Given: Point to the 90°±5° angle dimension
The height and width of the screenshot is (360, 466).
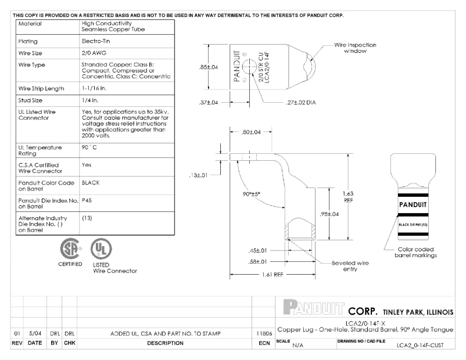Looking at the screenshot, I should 253,193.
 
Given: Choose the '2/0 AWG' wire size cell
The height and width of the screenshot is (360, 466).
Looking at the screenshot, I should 93,53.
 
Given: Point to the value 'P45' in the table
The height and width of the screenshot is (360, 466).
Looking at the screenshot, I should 87,200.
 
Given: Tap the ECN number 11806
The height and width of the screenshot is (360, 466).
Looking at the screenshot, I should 263,334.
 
